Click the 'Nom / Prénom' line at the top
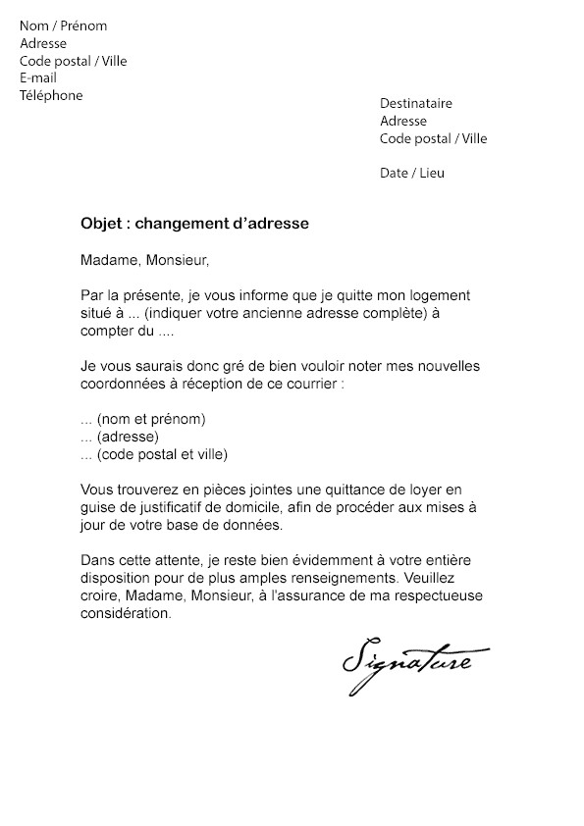coord(64,26)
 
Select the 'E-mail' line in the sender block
coord(38,77)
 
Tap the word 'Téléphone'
coord(51,95)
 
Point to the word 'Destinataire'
coord(416,103)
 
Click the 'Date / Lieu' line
coord(412,173)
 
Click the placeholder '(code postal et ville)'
coord(162,454)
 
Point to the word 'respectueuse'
coord(428,595)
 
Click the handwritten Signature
coord(406,666)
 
